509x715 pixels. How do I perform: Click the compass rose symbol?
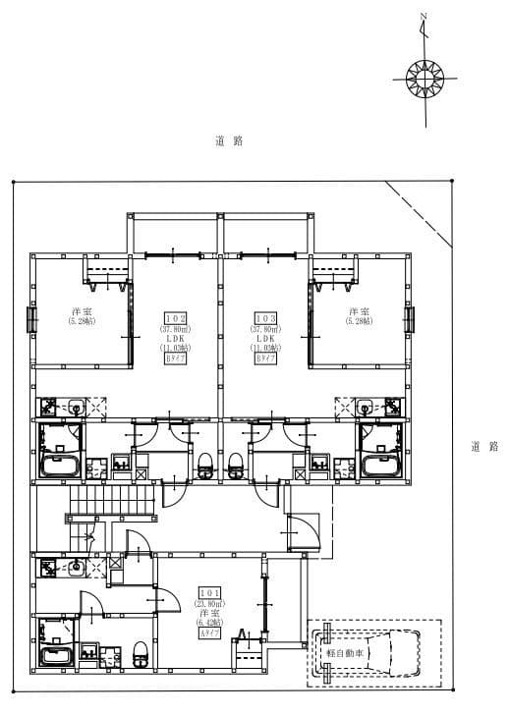426,77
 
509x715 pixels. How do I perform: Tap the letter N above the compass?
424,17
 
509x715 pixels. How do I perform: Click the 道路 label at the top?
228,141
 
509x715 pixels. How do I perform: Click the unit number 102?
175,319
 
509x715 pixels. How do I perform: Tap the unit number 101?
208,593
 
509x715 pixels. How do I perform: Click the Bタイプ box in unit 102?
175,358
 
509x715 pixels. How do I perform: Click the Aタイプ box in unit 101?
208,633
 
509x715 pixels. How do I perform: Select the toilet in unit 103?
236,465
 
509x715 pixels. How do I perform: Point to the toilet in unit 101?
141,649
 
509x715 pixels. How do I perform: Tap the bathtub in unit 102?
62,464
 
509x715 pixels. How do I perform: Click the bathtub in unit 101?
58,655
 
